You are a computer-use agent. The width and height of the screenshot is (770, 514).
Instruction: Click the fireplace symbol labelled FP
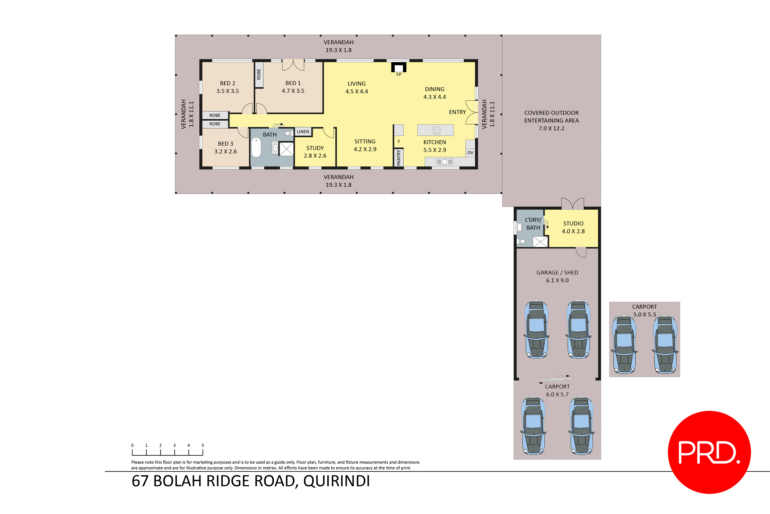399,68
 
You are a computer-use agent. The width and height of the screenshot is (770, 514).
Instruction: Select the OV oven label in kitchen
470,153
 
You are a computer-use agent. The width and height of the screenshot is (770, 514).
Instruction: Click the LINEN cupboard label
303,132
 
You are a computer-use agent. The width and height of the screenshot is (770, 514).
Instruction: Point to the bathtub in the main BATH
256,148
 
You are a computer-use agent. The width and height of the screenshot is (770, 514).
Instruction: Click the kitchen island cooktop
436,130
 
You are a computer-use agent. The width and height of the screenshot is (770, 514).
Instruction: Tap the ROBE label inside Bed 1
259,74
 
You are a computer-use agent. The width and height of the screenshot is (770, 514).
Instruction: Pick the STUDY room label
315,148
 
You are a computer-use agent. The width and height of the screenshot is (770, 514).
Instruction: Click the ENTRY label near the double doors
457,112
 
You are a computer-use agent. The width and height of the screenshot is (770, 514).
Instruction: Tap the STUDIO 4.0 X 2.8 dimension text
573,231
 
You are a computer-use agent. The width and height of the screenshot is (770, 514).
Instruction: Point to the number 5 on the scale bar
203,445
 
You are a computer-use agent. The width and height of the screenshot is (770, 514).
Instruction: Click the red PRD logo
709,452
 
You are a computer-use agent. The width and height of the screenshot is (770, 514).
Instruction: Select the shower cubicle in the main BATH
286,149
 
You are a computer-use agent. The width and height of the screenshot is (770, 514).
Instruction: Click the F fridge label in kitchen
399,142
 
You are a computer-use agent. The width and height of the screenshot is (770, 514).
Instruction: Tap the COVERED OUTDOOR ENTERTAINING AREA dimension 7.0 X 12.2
551,128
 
